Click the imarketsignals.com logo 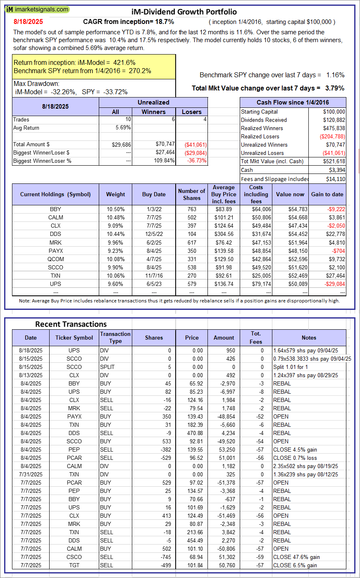coord(37,10)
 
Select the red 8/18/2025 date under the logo coord(28,22)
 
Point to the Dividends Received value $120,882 coord(334,120)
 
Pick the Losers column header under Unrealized coord(192,112)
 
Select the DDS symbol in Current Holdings coord(55,234)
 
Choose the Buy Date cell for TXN coord(154,276)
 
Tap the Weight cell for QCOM coord(115,259)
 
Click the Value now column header coord(290,194)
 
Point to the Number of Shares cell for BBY coord(192,209)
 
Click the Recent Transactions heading coord(71,324)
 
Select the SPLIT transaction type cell coord(107,367)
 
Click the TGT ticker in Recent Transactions coord(74,565)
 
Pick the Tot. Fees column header coord(256,338)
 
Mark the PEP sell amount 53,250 coord(224,450)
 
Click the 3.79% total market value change coord(335,88)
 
